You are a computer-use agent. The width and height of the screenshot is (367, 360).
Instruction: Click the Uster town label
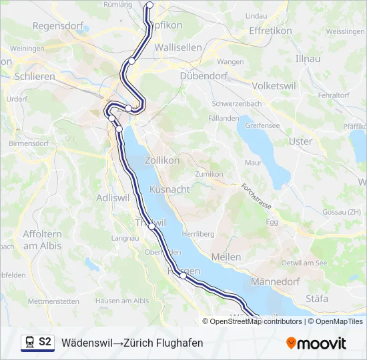[300, 141]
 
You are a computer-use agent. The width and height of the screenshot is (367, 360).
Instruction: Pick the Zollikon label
[162, 160]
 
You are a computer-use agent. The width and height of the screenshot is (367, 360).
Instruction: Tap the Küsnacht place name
[169, 189]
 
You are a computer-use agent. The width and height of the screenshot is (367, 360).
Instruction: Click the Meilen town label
[226, 257]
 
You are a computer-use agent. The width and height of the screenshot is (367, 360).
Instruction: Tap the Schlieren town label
[34, 77]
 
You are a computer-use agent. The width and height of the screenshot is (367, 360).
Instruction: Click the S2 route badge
[37, 343]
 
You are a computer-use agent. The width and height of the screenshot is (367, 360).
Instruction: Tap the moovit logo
[316, 343]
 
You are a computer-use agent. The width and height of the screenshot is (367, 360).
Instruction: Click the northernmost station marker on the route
[149, 5]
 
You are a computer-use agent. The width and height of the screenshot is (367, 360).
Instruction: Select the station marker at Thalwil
[152, 226]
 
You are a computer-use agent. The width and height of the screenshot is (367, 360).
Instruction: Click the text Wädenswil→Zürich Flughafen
[132, 343]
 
